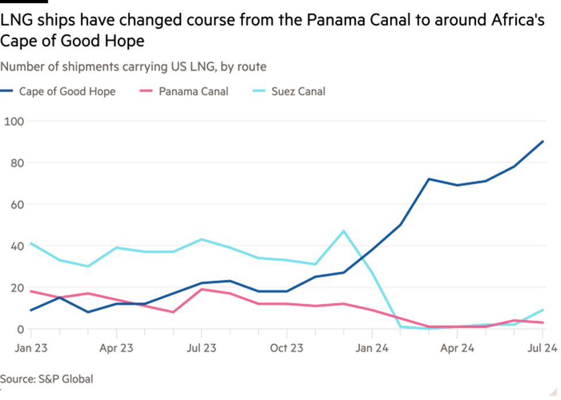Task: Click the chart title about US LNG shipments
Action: (x=133, y=67)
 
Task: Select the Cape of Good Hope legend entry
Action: (x=66, y=91)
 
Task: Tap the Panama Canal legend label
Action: (x=193, y=91)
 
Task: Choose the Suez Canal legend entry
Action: (x=298, y=91)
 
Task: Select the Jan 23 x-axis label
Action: (x=31, y=348)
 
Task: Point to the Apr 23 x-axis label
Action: (x=116, y=348)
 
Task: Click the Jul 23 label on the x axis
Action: (x=201, y=348)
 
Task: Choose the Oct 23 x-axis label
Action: (x=287, y=348)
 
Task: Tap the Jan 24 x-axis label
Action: (x=372, y=348)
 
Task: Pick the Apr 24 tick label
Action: (x=457, y=348)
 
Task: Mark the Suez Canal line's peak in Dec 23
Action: (x=344, y=231)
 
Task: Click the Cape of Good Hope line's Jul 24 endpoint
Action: (x=543, y=141)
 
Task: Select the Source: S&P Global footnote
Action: (x=47, y=379)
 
